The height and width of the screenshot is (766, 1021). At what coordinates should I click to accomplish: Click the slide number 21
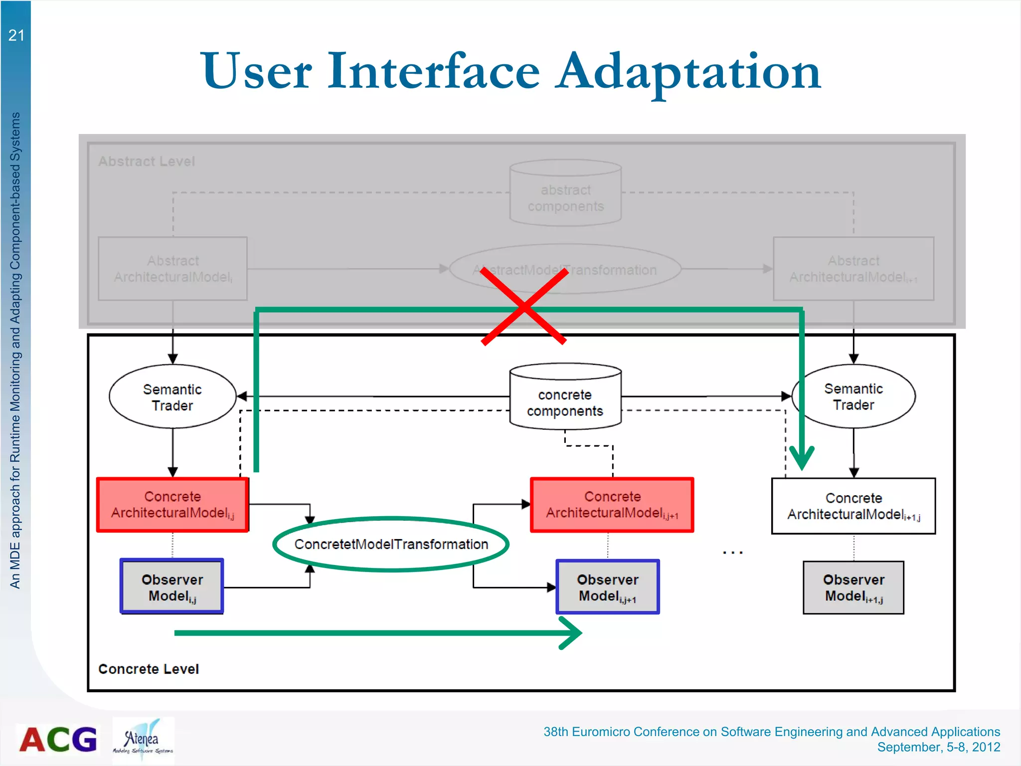coord(16,35)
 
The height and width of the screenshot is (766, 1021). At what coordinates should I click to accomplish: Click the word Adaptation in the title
coord(689,72)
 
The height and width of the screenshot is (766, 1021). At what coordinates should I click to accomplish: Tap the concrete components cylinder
coord(565,399)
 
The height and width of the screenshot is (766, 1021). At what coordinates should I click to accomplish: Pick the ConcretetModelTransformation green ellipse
coord(391,544)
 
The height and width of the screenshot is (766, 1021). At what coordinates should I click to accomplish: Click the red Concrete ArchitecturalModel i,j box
coord(172,505)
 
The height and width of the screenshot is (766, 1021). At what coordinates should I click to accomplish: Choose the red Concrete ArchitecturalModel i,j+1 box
coord(612,505)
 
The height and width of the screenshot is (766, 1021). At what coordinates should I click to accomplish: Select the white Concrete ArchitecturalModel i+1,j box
coord(853,506)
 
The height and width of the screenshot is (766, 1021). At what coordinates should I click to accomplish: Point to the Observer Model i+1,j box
coord(853,587)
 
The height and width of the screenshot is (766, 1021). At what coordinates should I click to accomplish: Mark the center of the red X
coord(523,307)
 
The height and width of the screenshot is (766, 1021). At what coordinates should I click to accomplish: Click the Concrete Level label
coord(149,669)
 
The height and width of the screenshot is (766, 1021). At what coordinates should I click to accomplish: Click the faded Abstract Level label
coord(147,162)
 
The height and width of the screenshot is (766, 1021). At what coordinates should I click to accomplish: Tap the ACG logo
coord(58,740)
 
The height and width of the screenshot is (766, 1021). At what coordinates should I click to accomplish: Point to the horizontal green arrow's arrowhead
coord(573,633)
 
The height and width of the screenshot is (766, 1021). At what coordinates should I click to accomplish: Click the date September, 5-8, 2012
coord(938,747)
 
